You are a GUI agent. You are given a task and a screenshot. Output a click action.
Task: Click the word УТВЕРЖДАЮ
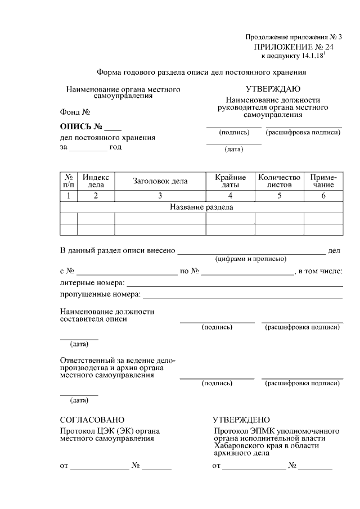click(273, 89)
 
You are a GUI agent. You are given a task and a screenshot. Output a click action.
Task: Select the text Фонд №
click(75, 111)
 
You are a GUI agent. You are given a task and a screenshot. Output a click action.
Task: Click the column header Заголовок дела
click(160, 181)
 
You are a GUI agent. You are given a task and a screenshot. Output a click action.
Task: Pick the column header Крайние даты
click(230, 181)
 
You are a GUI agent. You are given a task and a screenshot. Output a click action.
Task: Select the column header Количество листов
click(279, 181)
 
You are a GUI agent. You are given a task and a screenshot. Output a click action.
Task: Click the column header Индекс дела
click(96, 181)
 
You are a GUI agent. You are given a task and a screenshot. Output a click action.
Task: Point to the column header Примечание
click(323, 181)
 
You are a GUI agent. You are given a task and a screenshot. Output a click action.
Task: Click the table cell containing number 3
click(160, 196)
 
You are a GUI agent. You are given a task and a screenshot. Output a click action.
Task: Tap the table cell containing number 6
click(323, 196)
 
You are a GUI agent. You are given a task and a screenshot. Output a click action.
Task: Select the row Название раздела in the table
click(201, 207)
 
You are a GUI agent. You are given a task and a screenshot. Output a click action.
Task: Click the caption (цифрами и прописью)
click(251, 259)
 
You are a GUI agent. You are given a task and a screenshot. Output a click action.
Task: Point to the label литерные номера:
click(92, 283)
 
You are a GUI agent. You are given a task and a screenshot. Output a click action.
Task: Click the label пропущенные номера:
click(100, 294)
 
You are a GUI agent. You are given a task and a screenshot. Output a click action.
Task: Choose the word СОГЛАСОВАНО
click(92, 420)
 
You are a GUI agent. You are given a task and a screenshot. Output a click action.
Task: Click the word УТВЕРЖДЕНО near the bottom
click(241, 420)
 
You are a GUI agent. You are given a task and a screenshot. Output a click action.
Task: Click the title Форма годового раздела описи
click(201, 72)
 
